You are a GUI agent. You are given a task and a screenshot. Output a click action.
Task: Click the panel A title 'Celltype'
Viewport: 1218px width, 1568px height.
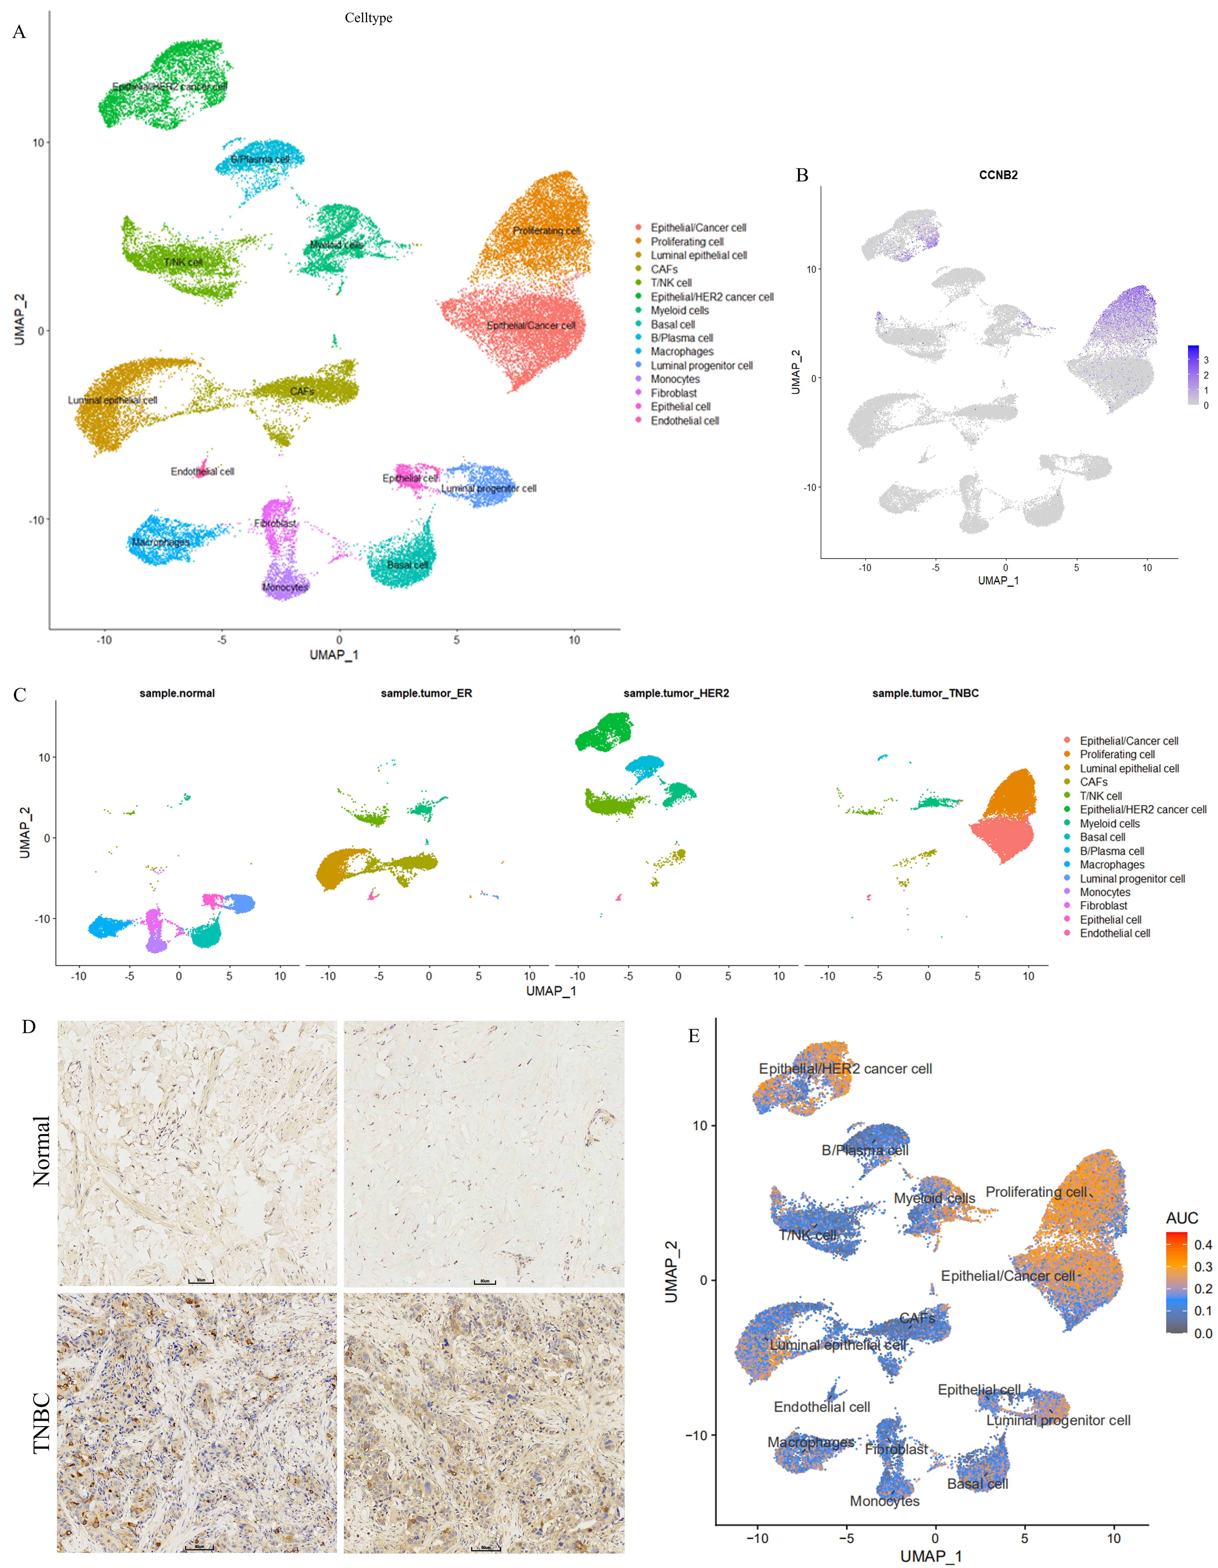[368, 18]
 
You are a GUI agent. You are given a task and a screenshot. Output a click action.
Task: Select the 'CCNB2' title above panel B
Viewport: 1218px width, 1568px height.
[998, 175]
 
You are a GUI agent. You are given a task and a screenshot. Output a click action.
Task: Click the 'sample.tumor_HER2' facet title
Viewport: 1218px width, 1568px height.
[676, 694]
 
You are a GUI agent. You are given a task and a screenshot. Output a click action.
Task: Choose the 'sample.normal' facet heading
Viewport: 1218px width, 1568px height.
[177, 694]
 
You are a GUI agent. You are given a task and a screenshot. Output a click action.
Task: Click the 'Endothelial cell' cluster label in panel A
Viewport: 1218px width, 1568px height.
[203, 472]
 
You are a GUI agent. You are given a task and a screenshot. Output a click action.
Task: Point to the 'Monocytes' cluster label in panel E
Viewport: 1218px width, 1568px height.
[884, 1501]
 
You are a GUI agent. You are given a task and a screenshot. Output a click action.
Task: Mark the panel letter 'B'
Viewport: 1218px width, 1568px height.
[802, 175]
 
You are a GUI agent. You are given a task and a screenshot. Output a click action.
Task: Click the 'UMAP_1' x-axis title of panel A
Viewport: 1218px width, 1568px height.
[334, 655]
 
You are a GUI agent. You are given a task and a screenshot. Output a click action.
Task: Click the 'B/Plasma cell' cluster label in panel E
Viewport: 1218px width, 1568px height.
[865, 1150]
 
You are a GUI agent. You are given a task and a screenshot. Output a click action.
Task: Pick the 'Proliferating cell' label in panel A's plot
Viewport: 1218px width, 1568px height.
[546, 230]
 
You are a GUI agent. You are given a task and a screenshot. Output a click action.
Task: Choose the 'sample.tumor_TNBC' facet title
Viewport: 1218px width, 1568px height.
[925, 694]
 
